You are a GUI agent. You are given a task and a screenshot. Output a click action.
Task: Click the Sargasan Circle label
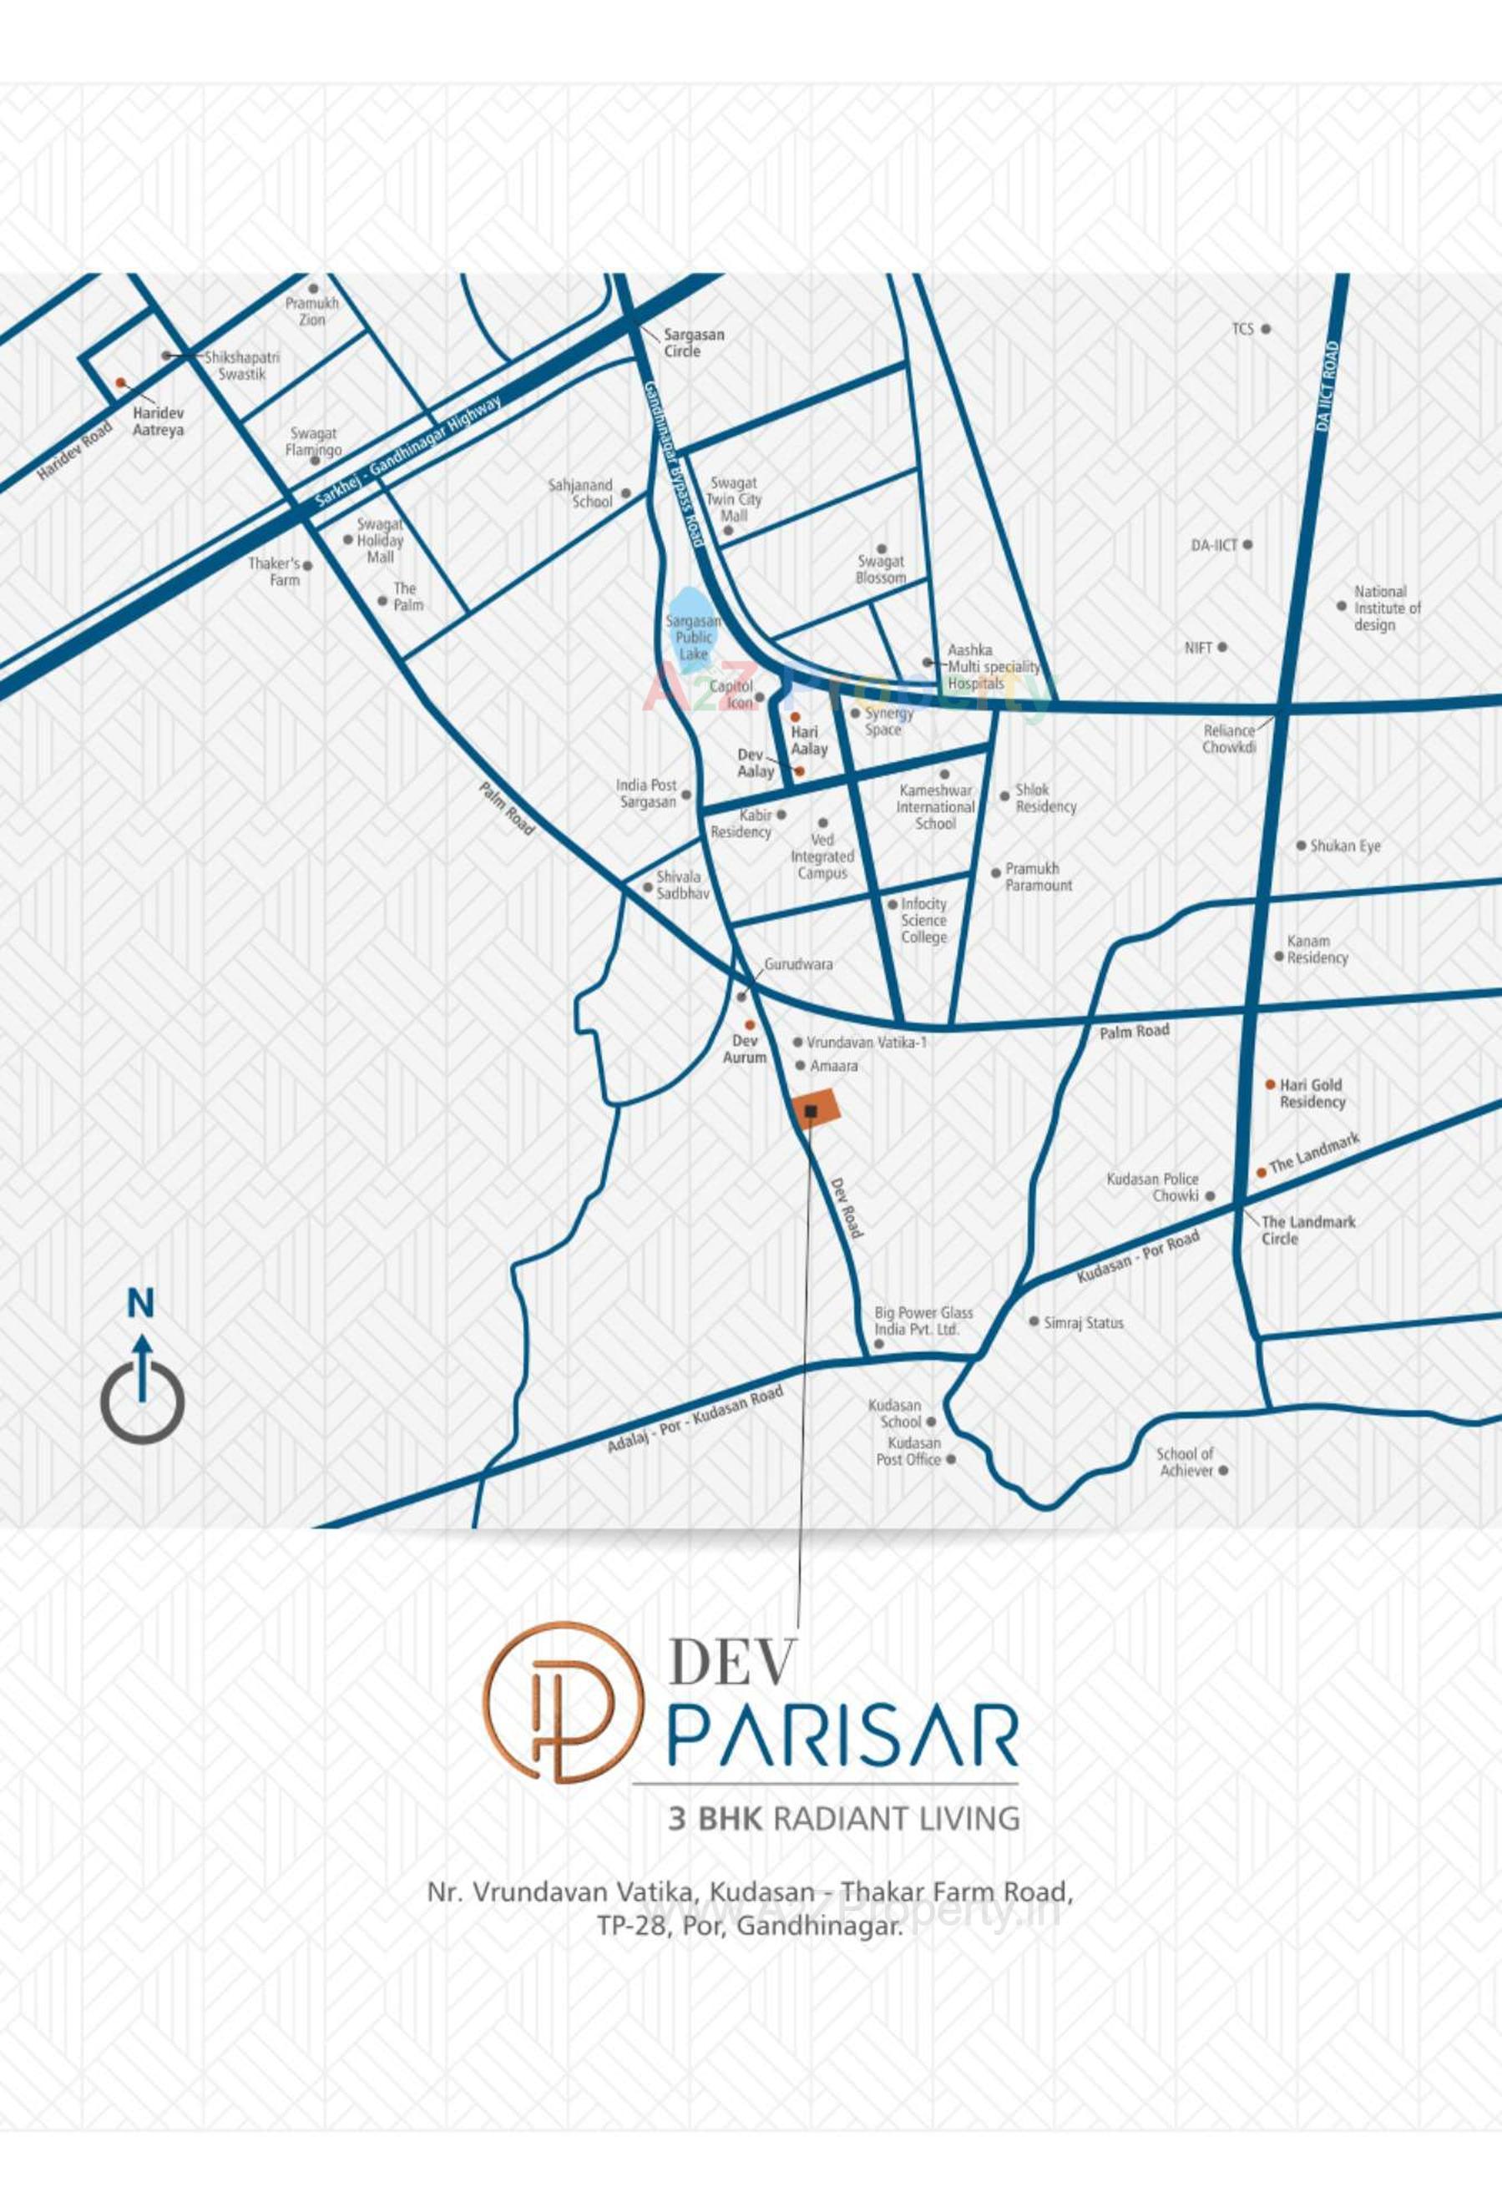point(693,342)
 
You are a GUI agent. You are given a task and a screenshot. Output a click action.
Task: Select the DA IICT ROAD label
point(1328,387)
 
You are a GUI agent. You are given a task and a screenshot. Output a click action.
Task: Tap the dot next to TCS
point(1266,330)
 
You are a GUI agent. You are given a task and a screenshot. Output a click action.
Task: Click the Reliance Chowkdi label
point(1228,739)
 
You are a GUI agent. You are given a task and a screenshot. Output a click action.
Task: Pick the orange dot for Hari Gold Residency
point(1270,1084)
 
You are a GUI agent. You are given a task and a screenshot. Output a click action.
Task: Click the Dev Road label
point(847,1208)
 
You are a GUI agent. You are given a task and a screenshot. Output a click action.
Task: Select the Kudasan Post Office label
point(908,1452)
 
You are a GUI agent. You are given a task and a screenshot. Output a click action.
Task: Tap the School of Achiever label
point(1184,1462)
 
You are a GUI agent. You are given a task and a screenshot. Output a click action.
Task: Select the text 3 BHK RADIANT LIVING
point(844,1819)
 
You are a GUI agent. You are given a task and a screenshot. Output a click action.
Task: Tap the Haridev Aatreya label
point(158,422)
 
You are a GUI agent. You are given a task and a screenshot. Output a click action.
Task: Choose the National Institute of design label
point(1387,609)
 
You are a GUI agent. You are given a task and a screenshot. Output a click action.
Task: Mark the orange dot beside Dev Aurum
point(750,1025)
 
